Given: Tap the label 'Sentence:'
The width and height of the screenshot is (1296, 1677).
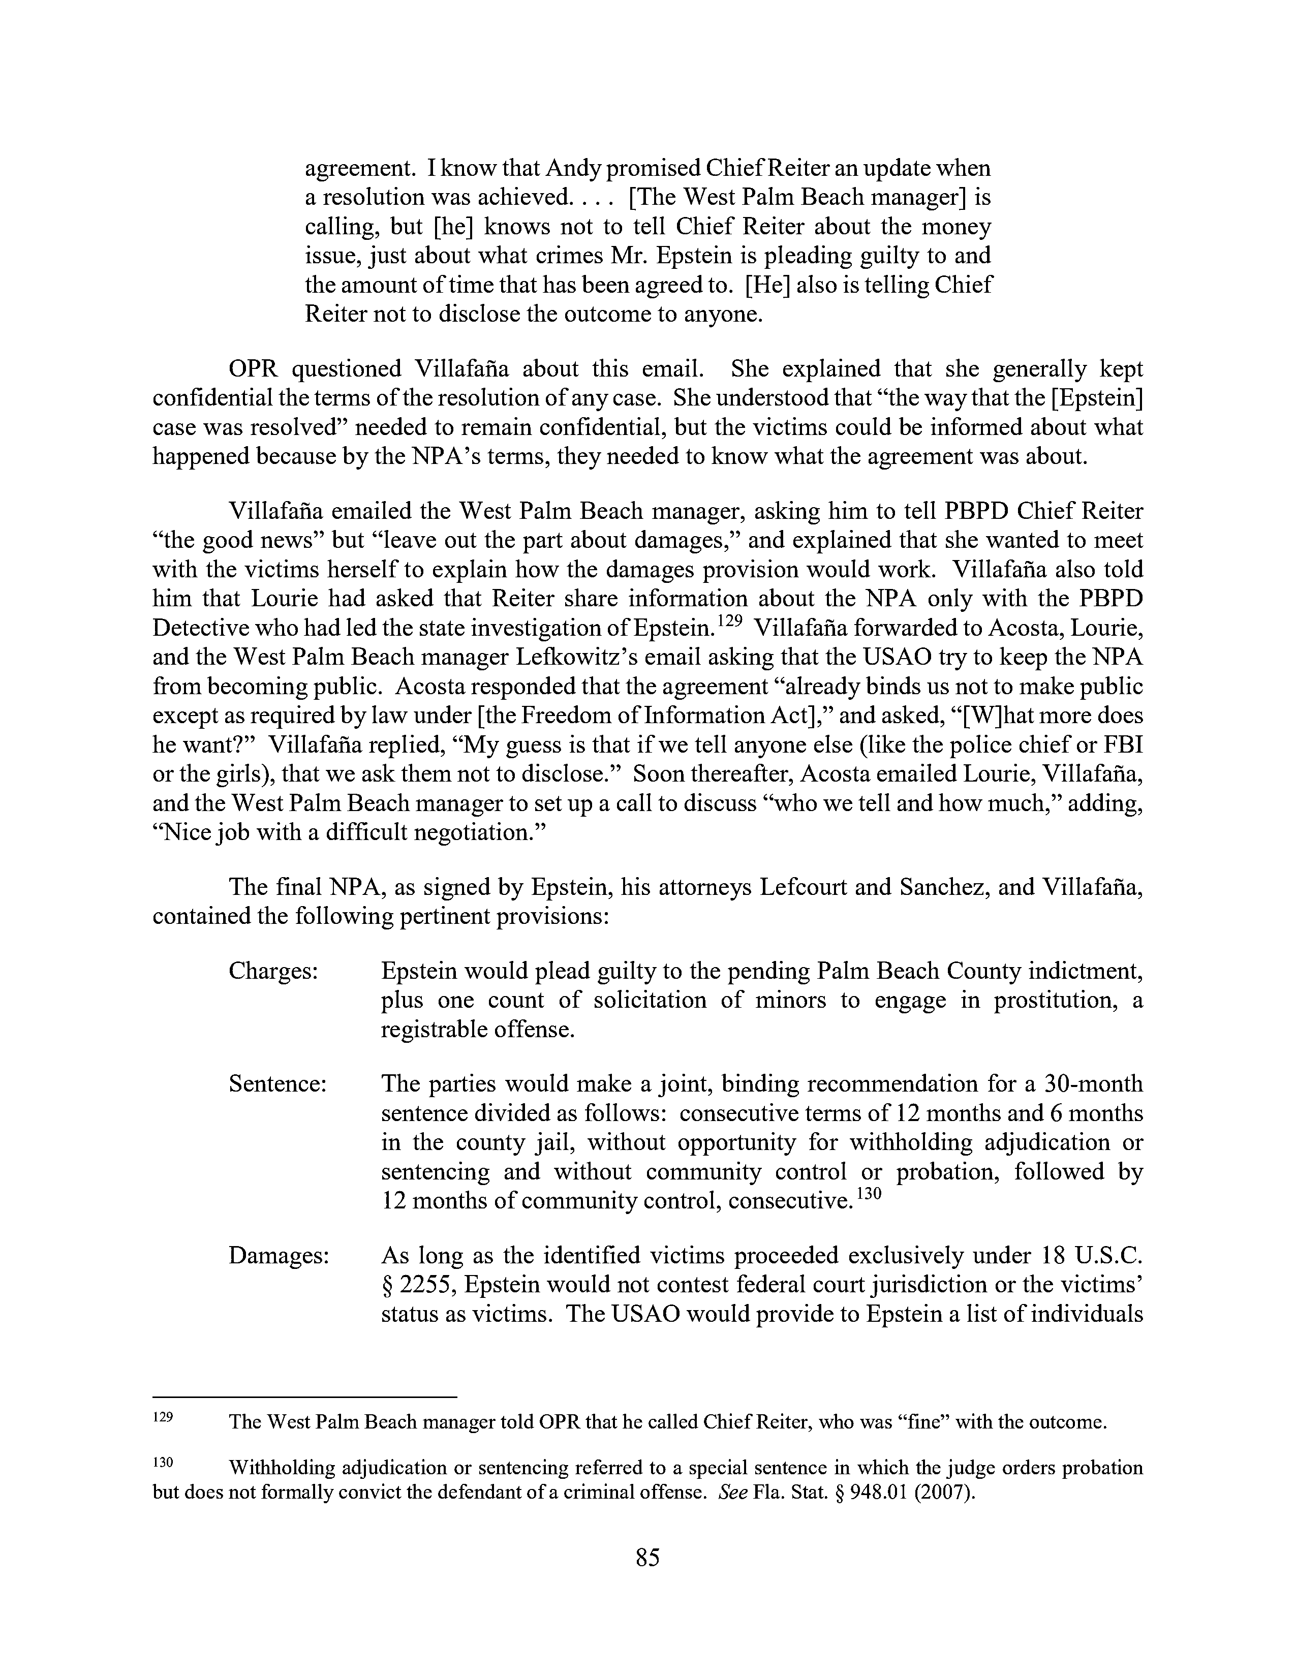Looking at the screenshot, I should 278,1084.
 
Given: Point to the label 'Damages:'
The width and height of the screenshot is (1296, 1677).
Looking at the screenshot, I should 279,1255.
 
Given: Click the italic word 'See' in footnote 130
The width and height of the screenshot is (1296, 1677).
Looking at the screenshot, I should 732,1494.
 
